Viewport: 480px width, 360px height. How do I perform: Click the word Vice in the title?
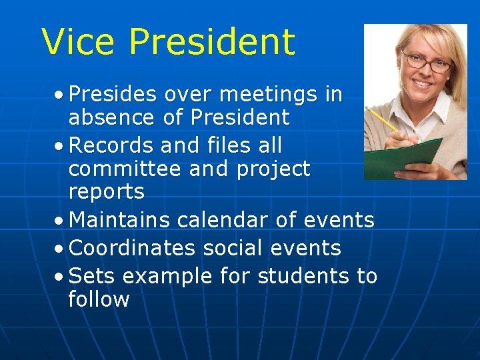click(79, 42)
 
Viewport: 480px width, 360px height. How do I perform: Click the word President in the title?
click(211, 42)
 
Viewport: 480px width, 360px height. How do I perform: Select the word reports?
click(107, 192)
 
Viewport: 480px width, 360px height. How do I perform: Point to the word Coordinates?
click(132, 248)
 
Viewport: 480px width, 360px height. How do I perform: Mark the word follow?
click(99, 299)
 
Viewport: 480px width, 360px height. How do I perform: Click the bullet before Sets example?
click(60, 276)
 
